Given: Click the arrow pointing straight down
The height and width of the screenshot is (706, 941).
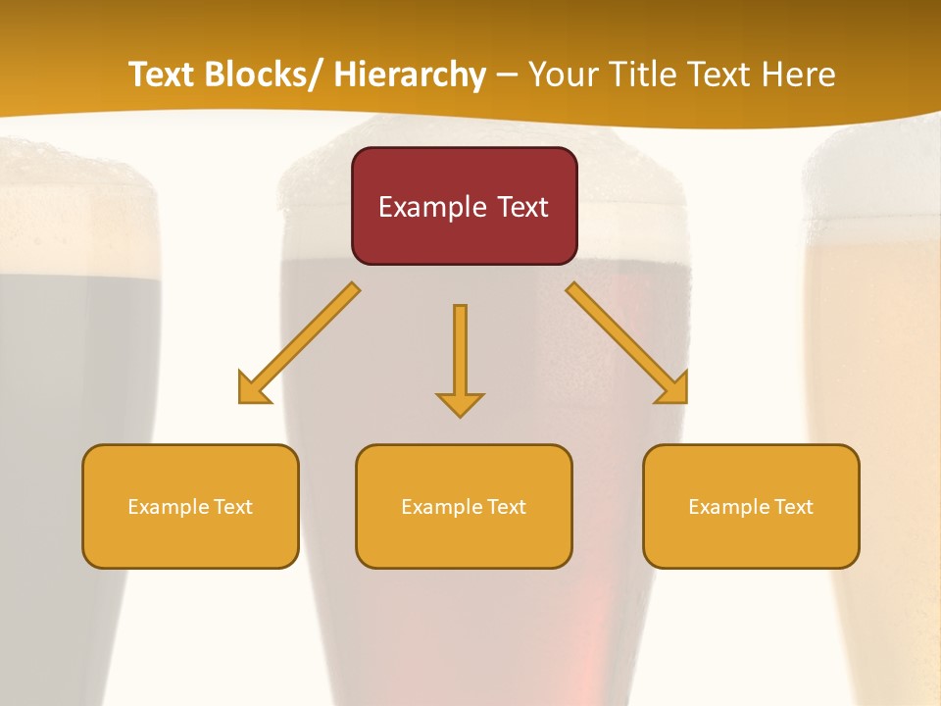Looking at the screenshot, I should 460,358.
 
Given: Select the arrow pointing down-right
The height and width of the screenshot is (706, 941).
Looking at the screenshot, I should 626,342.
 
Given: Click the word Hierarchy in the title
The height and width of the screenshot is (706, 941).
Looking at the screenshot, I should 410,75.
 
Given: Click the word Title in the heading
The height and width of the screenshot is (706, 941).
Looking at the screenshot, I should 643,75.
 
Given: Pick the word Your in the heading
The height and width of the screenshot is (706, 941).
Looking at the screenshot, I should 564,75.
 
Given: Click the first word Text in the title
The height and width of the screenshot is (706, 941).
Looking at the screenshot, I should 164,75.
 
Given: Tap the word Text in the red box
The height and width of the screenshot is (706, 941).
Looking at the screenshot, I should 520,207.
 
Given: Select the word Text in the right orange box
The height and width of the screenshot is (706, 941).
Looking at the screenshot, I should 793,507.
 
